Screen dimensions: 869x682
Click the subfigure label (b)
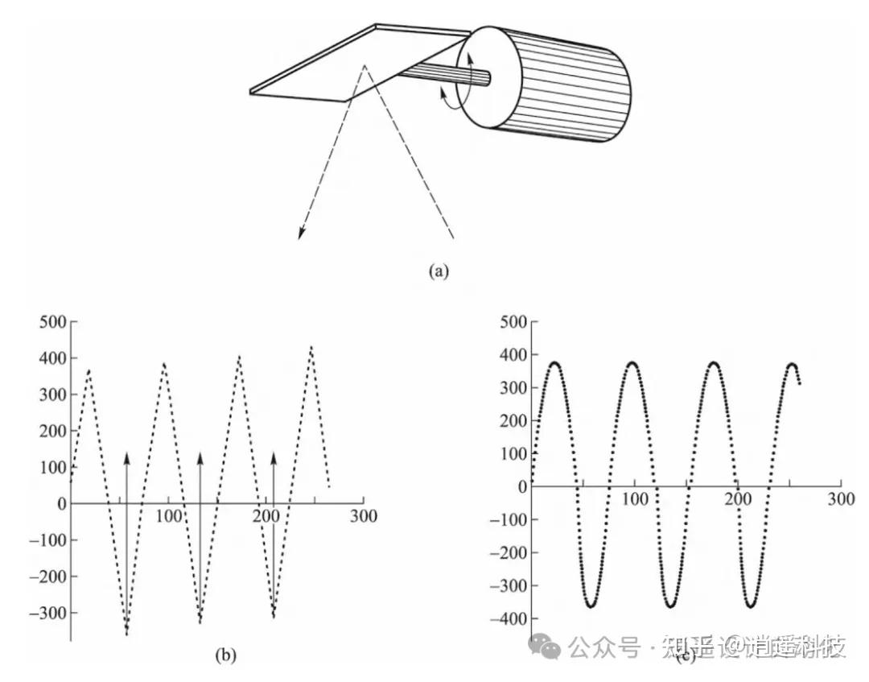tap(226, 655)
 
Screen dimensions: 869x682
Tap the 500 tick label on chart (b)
tap(51, 322)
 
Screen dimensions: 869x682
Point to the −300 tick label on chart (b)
tap(47, 614)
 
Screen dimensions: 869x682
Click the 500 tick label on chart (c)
tap(513, 322)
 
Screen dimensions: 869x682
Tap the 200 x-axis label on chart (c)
tap(739, 499)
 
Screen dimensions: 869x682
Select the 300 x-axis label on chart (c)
tap(842, 499)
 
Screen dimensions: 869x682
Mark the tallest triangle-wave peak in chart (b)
tap(311, 348)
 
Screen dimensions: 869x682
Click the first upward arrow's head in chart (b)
tap(126, 457)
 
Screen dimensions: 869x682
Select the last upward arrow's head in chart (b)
tap(274, 457)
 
